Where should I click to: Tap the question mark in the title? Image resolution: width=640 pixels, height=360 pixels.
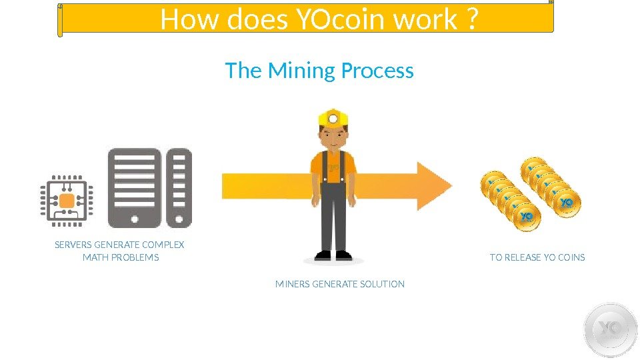(x=471, y=21)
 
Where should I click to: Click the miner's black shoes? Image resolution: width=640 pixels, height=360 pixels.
(x=333, y=255)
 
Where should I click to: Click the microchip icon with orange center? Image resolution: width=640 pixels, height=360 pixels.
(x=67, y=200)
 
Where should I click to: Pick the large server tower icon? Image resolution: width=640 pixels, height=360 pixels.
(x=135, y=186)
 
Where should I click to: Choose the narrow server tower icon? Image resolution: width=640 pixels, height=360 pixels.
(x=179, y=186)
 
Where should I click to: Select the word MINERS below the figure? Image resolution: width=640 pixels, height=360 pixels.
(x=292, y=284)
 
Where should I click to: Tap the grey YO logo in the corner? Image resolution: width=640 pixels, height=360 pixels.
(x=609, y=330)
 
